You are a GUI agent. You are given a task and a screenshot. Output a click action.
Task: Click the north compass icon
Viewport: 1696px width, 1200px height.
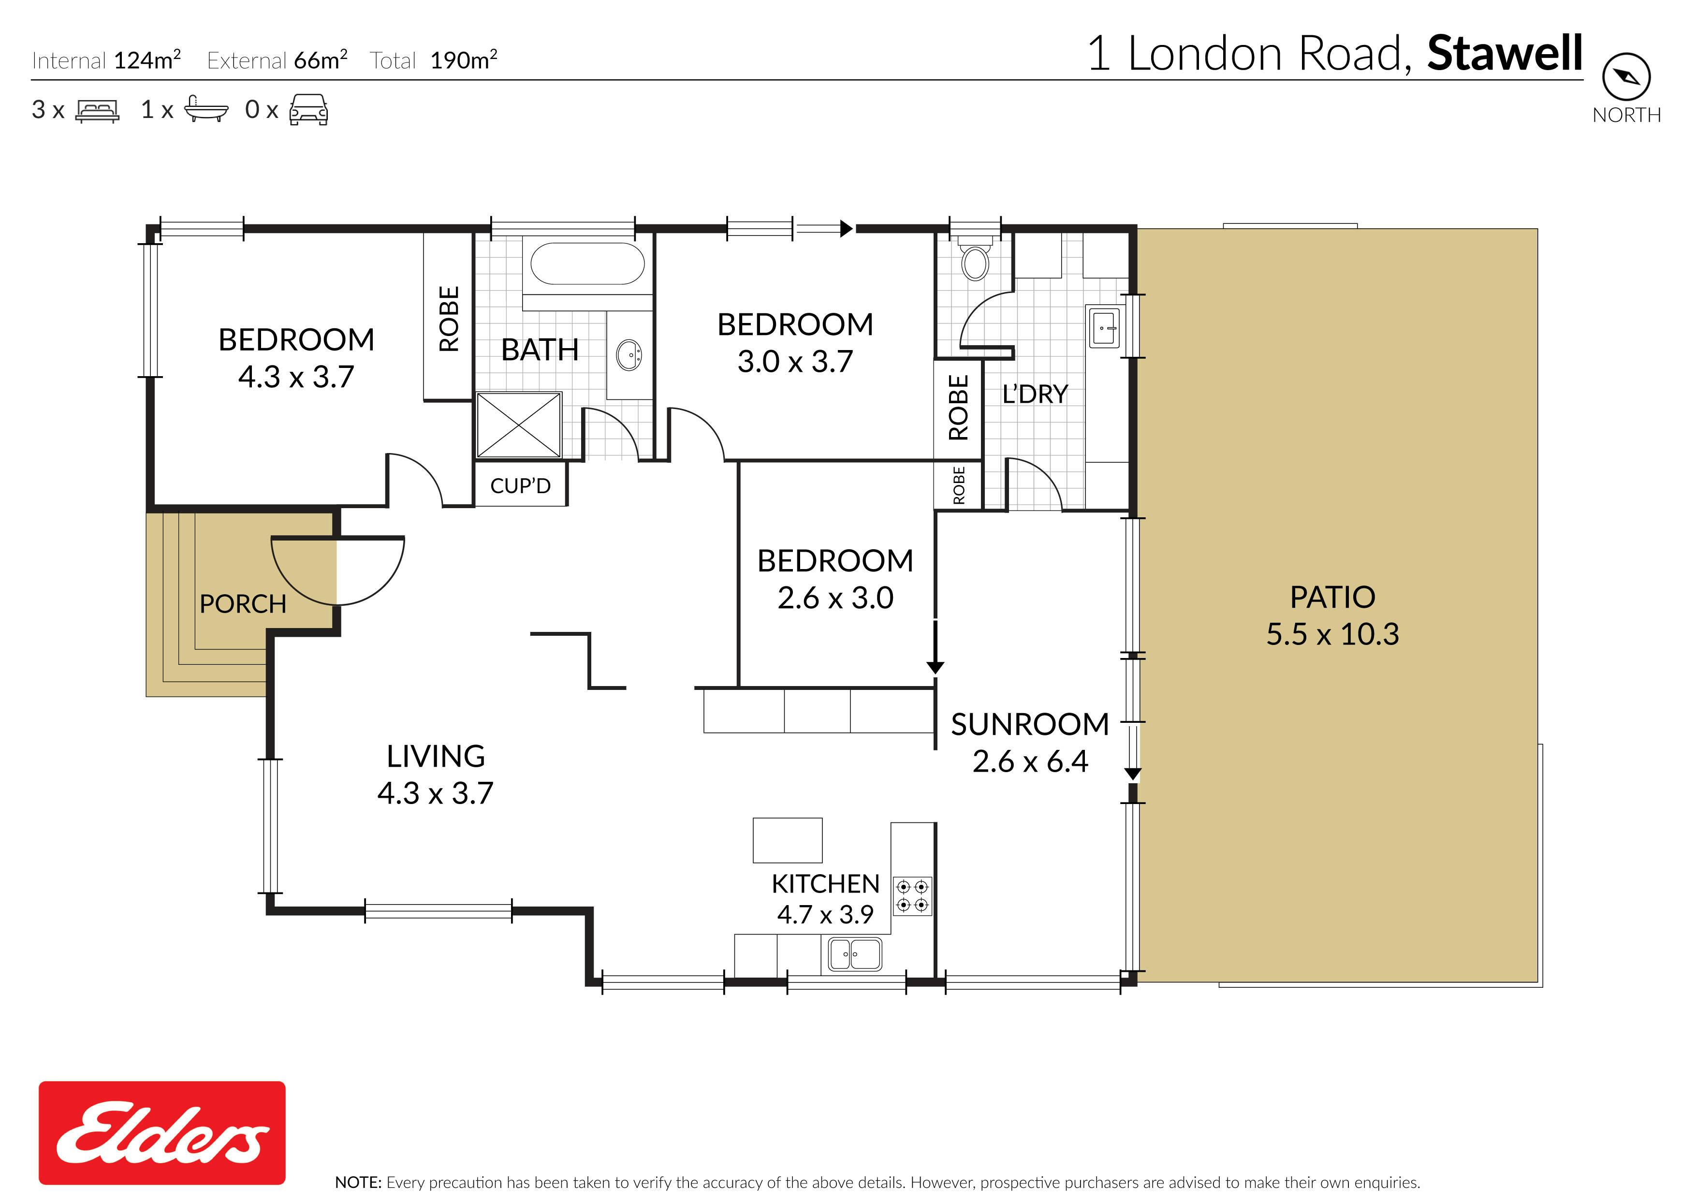tap(1626, 76)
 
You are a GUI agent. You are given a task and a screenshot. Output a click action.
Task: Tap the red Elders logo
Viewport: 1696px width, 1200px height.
tap(162, 1132)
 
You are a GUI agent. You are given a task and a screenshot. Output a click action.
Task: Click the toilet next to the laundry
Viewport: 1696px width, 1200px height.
tap(975, 258)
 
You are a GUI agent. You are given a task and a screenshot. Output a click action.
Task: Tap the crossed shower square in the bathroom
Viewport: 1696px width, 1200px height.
tap(519, 425)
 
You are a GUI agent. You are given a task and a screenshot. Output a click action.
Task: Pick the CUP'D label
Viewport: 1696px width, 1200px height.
tap(521, 485)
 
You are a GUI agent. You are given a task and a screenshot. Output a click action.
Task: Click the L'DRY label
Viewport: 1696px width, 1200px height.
tap(1035, 394)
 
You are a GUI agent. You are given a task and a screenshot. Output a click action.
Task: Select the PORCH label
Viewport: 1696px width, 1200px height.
tap(243, 604)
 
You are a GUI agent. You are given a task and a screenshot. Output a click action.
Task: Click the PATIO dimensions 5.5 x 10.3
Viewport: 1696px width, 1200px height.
tap(1332, 634)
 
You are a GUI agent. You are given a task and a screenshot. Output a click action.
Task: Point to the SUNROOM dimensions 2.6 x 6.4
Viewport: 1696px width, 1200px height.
tap(1030, 761)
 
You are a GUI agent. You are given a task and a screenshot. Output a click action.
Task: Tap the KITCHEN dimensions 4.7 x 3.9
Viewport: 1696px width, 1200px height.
tap(825, 914)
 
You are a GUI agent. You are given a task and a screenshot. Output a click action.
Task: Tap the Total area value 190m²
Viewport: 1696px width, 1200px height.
tap(463, 60)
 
